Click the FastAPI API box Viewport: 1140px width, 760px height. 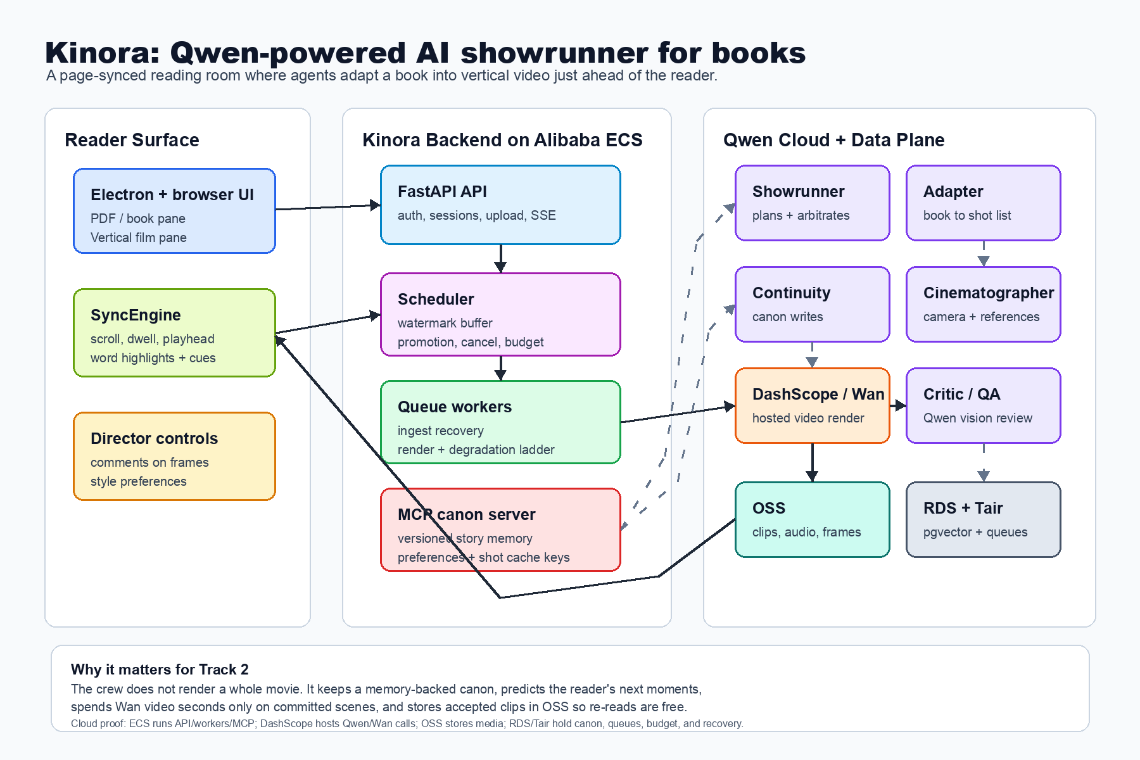500,205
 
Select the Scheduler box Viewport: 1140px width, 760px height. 500,314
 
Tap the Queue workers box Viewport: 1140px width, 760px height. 500,422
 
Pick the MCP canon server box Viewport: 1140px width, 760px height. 500,529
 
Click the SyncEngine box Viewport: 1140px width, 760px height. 174,332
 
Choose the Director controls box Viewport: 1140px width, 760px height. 174,456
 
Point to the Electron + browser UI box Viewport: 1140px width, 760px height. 174,211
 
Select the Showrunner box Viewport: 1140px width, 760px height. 813,203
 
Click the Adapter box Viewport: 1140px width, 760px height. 984,203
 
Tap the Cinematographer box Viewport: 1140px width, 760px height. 984,304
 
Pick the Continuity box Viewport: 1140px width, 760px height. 813,304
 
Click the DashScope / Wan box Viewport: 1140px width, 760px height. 813,405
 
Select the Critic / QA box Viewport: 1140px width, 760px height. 984,405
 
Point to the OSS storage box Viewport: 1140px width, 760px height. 813,519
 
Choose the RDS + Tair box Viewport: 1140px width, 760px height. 984,519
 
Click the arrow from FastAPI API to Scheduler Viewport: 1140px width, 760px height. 500,258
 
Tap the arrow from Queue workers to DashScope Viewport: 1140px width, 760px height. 678,414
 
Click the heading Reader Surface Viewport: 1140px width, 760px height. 132,140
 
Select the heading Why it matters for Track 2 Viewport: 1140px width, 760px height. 160,669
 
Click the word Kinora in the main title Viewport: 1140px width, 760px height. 102,53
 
